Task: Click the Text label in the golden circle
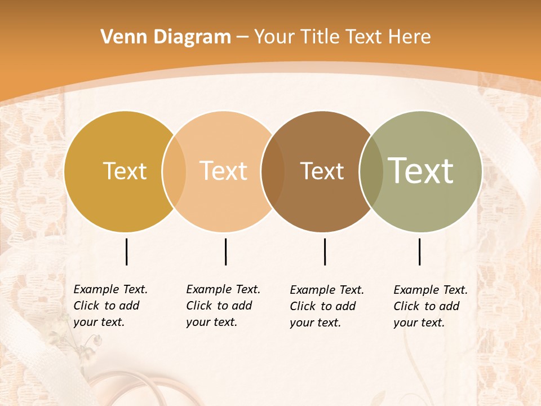[x=125, y=171]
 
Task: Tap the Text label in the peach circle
[x=223, y=171]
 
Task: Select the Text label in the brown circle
[x=322, y=171]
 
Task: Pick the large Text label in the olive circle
[x=421, y=171]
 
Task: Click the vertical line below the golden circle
[x=126, y=251]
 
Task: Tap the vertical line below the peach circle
[x=225, y=251]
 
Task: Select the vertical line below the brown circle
[x=325, y=251]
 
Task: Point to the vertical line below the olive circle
[x=420, y=251]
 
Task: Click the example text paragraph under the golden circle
[x=110, y=306]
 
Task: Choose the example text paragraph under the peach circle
[x=223, y=306]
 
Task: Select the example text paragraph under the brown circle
[x=327, y=306]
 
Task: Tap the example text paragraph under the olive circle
[x=431, y=306]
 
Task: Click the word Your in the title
[x=275, y=37]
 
